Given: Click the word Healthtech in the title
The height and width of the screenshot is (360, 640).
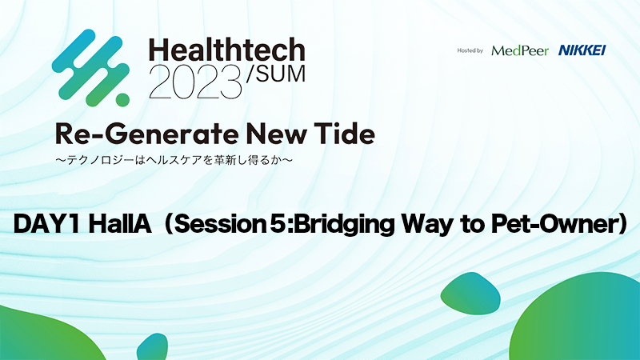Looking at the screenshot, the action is [x=227, y=50].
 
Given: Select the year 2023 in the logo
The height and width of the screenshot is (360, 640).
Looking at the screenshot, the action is [x=195, y=82].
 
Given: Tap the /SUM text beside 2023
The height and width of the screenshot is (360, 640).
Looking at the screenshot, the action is [x=276, y=74].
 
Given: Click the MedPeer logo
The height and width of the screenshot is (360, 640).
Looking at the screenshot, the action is [x=520, y=50].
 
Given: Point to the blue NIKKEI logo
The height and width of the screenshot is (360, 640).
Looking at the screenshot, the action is [x=582, y=50].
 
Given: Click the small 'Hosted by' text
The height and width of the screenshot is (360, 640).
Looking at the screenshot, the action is [x=470, y=50].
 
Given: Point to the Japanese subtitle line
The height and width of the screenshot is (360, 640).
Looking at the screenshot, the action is [x=174, y=160].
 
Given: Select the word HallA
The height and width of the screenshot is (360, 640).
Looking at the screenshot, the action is [x=120, y=224].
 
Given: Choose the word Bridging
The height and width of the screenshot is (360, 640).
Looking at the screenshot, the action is [x=344, y=226].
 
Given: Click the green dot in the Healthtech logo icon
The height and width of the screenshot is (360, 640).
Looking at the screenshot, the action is [x=122, y=99].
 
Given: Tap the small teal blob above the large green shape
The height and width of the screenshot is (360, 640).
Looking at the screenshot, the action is [x=470, y=294].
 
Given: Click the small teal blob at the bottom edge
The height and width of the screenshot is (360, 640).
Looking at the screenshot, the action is [x=153, y=348].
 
